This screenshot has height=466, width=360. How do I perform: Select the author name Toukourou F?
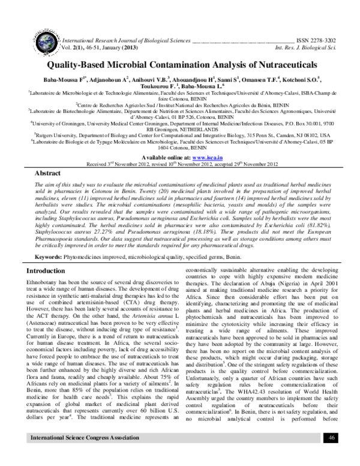143,85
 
